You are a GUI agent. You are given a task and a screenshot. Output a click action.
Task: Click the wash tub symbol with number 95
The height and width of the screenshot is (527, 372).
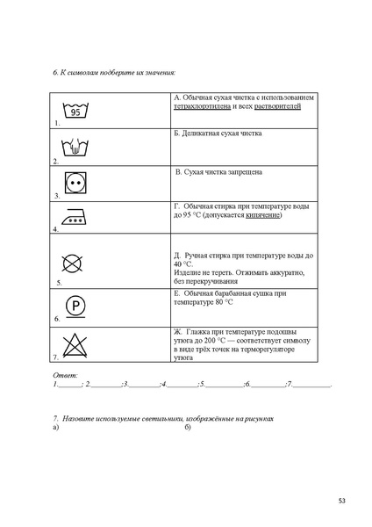pyautogui.click(x=76, y=111)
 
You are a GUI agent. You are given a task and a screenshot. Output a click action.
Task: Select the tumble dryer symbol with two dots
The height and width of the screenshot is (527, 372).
pyautogui.click(x=75, y=184)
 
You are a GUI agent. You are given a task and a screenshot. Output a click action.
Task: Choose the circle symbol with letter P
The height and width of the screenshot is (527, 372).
pyautogui.click(x=76, y=307)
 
